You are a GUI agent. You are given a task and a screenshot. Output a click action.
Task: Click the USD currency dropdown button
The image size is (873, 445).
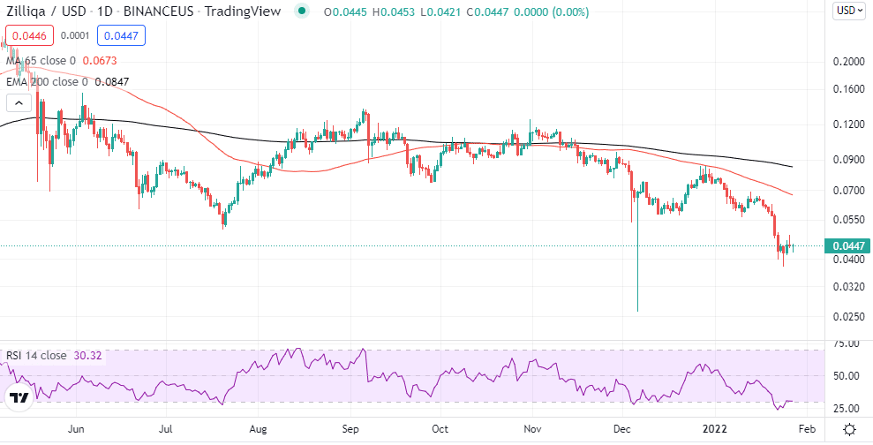(x=849, y=11)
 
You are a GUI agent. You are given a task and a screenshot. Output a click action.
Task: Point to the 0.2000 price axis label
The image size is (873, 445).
(x=847, y=62)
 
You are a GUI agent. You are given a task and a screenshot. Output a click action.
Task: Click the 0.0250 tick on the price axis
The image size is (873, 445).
(x=847, y=316)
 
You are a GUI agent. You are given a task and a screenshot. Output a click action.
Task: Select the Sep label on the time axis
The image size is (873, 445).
(x=350, y=429)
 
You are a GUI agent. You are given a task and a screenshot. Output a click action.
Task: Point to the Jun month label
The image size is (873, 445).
(x=76, y=429)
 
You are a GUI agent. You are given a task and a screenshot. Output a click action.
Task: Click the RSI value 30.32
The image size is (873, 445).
(x=89, y=356)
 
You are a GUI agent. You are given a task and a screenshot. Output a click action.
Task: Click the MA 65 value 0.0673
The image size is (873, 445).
(x=99, y=61)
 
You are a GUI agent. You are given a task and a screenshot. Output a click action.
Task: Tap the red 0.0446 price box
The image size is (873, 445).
(x=29, y=36)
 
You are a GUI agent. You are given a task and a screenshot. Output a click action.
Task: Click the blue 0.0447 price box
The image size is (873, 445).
(x=120, y=36)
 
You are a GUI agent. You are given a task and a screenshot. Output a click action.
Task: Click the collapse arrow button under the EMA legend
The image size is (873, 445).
(x=16, y=102)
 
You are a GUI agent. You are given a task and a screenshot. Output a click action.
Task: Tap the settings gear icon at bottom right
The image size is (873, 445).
(x=848, y=429)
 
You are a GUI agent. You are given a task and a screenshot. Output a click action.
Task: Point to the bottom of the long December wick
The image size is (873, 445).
(x=637, y=311)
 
